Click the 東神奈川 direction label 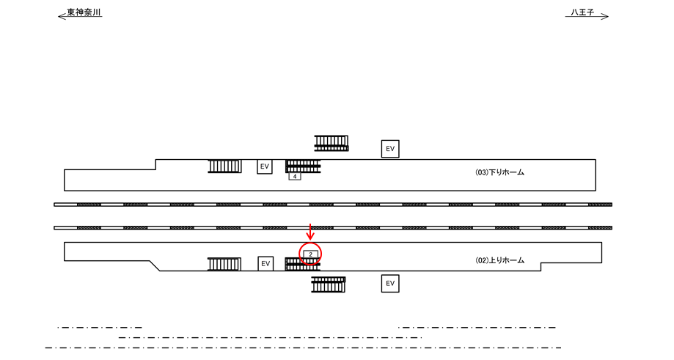click(x=84, y=12)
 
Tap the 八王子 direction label click(x=582, y=12)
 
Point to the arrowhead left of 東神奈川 click(x=61, y=16)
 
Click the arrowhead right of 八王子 click(x=606, y=16)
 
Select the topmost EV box click(x=390, y=149)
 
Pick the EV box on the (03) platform click(x=265, y=166)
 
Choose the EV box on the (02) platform click(x=265, y=263)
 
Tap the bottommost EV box click(x=390, y=283)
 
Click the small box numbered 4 click(x=295, y=177)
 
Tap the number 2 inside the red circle click(x=311, y=254)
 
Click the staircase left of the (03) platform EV click(x=224, y=166)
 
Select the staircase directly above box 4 click(x=303, y=166)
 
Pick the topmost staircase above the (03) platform click(x=331, y=143)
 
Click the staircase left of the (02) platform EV click(x=224, y=264)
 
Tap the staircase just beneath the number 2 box click(x=302, y=265)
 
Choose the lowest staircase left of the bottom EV click(x=328, y=284)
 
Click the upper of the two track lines click(x=333, y=205)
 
